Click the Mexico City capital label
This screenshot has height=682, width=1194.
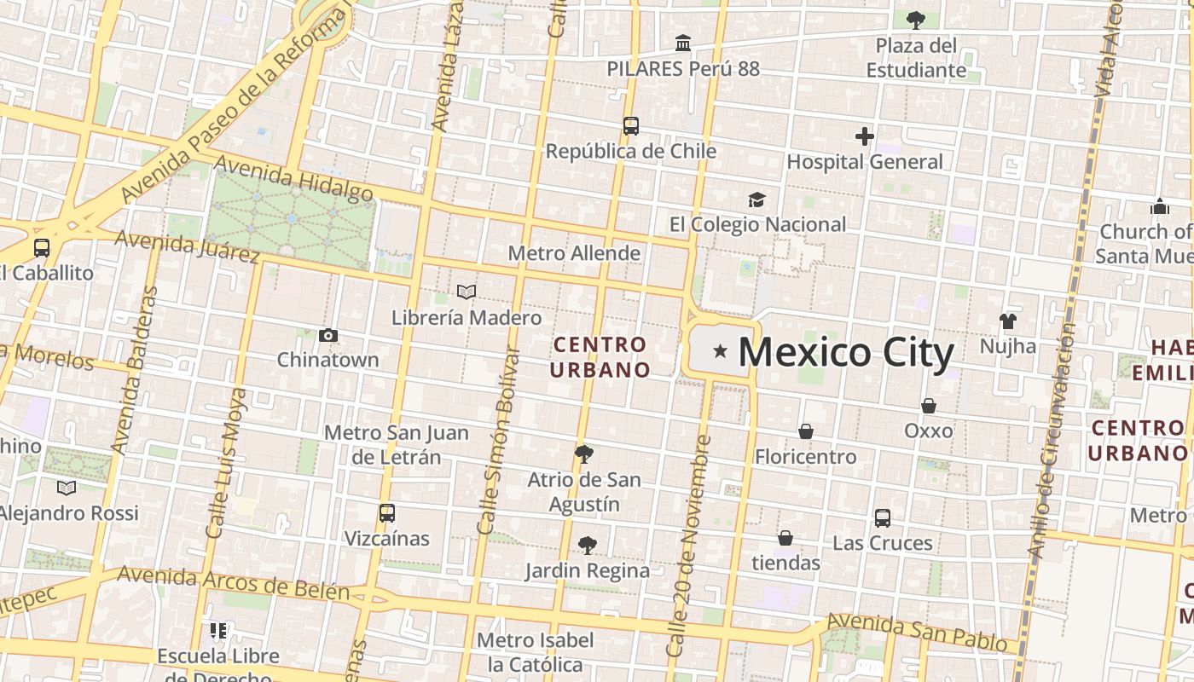(845, 352)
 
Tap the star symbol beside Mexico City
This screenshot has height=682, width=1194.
(721, 350)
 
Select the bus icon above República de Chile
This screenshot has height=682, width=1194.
(630, 126)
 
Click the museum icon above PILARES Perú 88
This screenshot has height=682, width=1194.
(682, 43)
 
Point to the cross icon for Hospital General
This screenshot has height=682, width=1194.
(865, 136)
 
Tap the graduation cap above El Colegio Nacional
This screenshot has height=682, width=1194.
(756, 199)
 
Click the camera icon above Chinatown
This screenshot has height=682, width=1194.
(327, 335)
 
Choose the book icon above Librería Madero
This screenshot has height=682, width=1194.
(466, 292)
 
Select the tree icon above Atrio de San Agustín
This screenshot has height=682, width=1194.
(583, 454)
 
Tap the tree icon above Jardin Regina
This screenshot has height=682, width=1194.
(587, 545)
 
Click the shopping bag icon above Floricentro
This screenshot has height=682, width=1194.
(805, 431)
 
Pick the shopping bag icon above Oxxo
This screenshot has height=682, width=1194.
(929, 406)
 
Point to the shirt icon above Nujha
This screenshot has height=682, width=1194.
(1008, 321)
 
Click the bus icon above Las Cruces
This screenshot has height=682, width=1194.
(883, 517)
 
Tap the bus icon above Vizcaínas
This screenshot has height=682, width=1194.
(386, 513)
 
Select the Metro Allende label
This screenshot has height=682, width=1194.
(574, 253)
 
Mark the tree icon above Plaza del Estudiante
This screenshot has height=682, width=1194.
(916, 19)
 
